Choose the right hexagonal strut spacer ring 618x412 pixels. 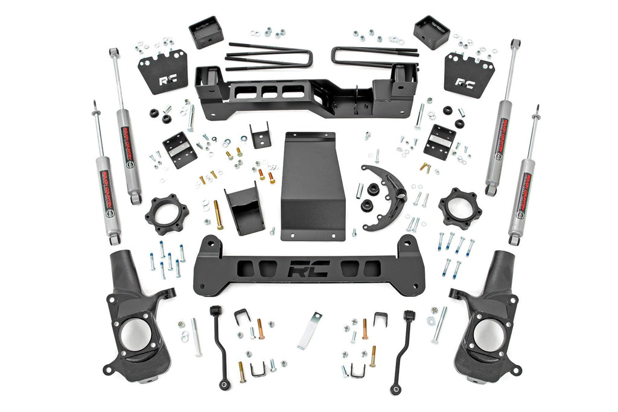click(x=460, y=209)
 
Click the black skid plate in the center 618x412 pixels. click(x=313, y=187)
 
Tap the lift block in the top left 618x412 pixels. click(x=206, y=33)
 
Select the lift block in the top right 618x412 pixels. click(x=431, y=33)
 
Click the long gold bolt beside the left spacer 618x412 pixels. click(x=217, y=215)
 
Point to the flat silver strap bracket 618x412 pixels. click(x=309, y=331)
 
